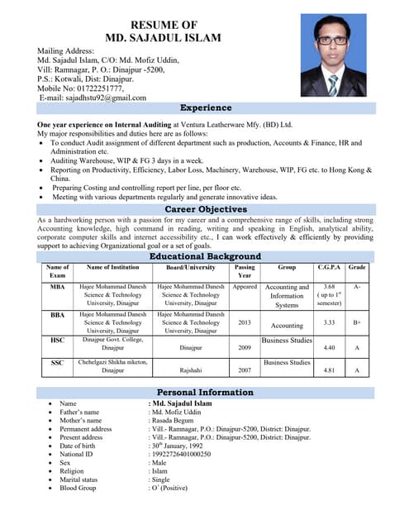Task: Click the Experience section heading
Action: (206, 108)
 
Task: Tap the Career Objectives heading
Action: (206, 210)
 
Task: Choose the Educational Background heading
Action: (206, 257)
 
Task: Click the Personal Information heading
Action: (206, 392)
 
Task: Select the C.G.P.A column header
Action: (329, 268)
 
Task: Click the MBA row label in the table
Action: (57, 287)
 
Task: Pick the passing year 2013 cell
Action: (245, 323)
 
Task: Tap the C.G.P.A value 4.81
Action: (329, 371)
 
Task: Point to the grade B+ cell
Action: (357, 323)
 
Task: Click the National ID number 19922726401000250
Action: (179, 454)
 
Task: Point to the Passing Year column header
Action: (245, 272)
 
